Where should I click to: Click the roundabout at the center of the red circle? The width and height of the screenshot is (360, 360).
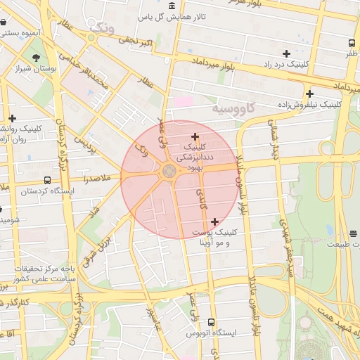pos(169,171)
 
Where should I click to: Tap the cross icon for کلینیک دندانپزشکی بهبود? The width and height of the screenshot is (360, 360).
pos(195,136)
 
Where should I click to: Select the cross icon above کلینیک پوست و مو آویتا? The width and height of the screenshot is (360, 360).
pos(214,221)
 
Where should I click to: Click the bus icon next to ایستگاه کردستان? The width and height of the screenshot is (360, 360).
pos(47,180)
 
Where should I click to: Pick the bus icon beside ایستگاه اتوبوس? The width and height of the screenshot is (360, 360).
pos(212,322)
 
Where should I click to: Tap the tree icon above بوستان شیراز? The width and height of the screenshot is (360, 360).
pos(36,56)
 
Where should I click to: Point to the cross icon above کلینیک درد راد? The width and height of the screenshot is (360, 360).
pos(286,53)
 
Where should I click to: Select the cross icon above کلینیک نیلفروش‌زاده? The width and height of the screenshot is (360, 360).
pos(309,94)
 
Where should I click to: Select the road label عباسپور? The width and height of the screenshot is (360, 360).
pos(154,323)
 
